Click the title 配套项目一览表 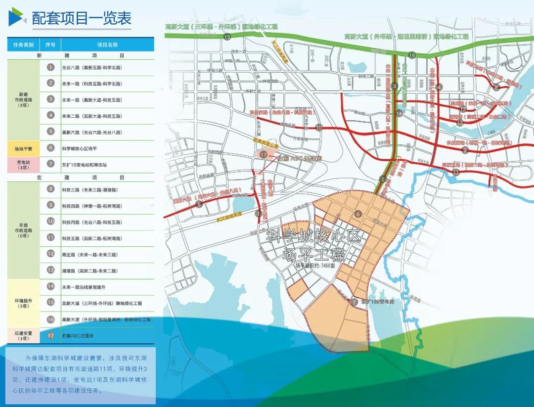tap(82, 18)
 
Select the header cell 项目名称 tap(107, 45)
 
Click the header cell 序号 tap(50, 45)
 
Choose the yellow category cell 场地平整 tap(23, 148)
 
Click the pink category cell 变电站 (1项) tap(23, 164)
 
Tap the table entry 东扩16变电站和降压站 tap(84, 164)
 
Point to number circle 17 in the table tap(50, 335)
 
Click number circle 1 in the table tap(50, 67)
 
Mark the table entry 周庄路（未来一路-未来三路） tap(89, 254)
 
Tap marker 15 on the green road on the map tap(227, 37)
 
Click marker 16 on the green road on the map tap(411, 55)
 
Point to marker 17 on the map tap(264, 155)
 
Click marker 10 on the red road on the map tap(319, 127)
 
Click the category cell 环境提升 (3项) tap(23, 303)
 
